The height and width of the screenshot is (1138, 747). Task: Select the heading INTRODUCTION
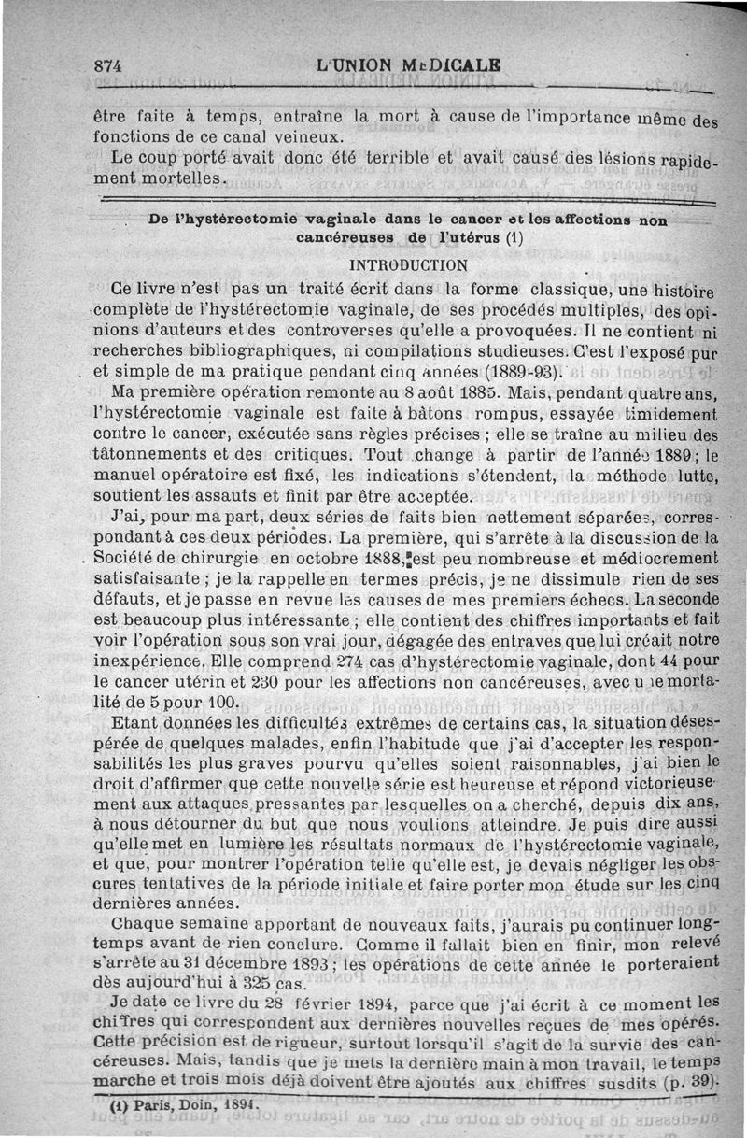point(408,265)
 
